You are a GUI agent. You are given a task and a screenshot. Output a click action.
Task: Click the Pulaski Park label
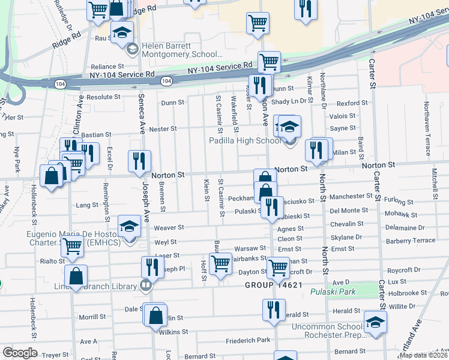(x=333, y=292)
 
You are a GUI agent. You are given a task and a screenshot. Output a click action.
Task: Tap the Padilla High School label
(x=244, y=141)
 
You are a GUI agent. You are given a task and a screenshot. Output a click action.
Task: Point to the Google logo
(x=19, y=353)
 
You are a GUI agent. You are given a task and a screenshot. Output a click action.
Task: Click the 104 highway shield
(x=166, y=80)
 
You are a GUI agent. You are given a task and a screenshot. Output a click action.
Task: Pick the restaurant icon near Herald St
(x=273, y=310)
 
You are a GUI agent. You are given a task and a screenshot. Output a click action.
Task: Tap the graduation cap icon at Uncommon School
(x=375, y=322)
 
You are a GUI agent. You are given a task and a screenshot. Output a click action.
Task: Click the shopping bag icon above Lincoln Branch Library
(x=76, y=276)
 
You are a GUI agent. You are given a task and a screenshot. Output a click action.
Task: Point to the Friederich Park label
(x=248, y=341)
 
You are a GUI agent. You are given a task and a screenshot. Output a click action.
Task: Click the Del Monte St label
(x=349, y=211)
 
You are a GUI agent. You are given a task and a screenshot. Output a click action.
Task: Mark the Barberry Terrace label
(x=411, y=240)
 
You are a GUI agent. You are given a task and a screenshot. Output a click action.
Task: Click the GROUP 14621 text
(x=273, y=285)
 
